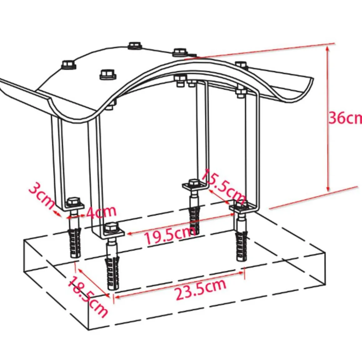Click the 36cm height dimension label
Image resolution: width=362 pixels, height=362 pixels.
345,118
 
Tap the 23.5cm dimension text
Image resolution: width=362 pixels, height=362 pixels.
200,289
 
